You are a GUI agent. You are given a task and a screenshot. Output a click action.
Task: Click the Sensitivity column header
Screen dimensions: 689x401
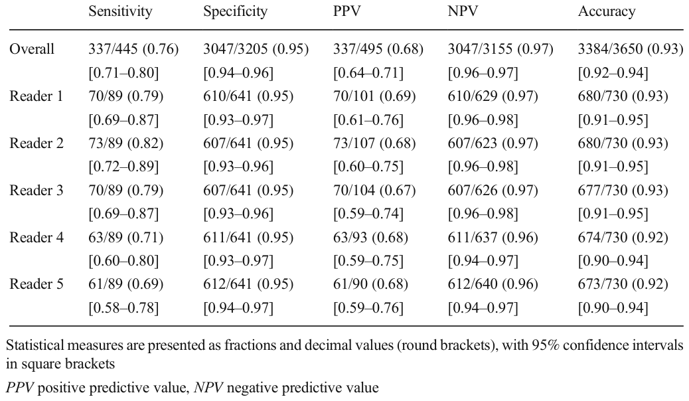120,11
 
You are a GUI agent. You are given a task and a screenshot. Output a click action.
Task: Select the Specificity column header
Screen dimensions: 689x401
235,11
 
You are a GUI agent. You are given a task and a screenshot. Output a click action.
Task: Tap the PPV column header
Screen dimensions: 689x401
346,11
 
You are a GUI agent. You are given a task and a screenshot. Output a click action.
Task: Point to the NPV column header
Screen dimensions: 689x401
462,11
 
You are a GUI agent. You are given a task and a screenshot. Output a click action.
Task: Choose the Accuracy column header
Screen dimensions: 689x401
607,11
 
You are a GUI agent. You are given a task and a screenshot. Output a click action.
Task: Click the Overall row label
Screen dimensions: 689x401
32,49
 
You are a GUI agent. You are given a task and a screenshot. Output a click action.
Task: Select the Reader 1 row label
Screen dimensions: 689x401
36,96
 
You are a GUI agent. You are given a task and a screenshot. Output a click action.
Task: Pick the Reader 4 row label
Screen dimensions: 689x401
36,238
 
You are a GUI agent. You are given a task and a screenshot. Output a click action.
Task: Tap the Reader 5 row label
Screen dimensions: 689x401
36,284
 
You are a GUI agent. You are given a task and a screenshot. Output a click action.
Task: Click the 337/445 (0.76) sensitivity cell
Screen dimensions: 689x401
133,49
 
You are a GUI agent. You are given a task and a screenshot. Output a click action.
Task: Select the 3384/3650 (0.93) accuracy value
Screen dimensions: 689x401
631,49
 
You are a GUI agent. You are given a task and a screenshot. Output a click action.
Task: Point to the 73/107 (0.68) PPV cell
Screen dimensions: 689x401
374,143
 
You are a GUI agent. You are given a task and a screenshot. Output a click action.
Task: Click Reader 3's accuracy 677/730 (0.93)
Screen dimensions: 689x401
623,191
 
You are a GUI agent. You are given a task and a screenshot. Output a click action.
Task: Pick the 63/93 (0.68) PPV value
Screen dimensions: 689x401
370,238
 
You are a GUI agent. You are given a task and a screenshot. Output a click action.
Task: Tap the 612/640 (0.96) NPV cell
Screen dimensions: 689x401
493,284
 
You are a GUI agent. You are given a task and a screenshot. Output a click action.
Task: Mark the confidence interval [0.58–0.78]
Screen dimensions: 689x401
123,308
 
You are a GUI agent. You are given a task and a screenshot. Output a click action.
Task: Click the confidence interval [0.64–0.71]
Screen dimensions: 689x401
368,72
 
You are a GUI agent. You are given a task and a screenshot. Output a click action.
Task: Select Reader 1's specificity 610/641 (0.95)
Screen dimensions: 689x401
248,96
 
